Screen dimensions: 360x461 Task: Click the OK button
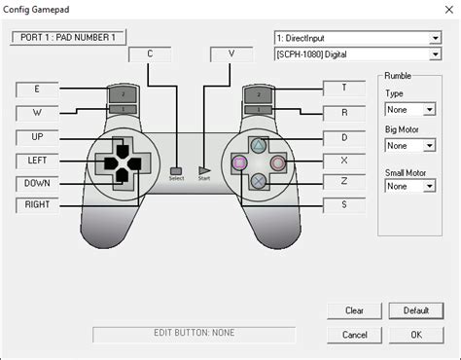(415, 335)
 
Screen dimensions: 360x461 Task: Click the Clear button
(354, 311)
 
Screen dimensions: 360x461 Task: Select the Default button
(415, 311)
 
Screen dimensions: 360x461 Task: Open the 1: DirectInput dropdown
(357, 38)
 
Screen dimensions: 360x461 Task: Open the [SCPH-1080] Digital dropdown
(357, 55)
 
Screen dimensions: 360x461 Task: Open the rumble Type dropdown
(408, 110)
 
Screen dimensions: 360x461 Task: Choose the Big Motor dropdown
(408, 147)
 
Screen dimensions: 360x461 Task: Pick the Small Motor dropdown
(408, 186)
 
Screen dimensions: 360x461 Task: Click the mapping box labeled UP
(37, 136)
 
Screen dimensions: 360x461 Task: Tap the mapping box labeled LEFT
(37, 159)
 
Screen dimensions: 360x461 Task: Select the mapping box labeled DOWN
(37, 182)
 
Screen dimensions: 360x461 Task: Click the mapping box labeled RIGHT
(37, 205)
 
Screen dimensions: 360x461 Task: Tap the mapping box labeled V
(231, 54)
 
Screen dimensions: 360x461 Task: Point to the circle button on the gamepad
(278, 162)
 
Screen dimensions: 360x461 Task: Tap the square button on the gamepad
(238, 162)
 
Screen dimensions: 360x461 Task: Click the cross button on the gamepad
(258, 180)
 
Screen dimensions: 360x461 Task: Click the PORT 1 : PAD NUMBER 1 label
(68, 37)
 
